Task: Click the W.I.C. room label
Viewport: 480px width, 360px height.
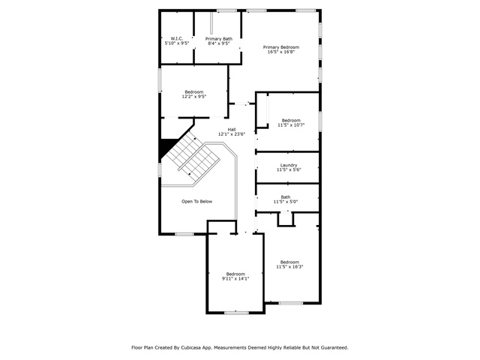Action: [x=177, y=38]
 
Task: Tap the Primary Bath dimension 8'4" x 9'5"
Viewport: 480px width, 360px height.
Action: [x=219, y=43]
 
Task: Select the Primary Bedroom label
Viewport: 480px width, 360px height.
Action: [x=281, y=47]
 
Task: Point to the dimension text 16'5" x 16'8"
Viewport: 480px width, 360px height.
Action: [x=281, y=52]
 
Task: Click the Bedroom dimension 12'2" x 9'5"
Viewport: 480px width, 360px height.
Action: [x=194, y=97]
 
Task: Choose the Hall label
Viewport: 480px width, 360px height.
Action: [x=232, y=130]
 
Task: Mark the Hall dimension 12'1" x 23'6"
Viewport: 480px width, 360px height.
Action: [x=232, y=134]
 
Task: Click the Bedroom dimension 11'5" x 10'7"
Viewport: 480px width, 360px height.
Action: [x=291, y=125]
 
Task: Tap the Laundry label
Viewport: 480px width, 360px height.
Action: [x=289, y=165]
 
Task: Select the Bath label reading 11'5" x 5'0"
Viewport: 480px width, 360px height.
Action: [x=286, y=199]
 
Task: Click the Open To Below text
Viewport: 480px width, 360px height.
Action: [x=196, y=202]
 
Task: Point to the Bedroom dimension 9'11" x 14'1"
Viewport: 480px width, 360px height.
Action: [x=235, y=279]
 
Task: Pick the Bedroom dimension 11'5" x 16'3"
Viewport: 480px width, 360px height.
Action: [x=289, y=267]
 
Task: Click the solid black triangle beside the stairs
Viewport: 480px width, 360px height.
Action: [x=166, y=146]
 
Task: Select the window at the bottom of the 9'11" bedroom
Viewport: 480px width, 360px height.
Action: [x=236, y=313]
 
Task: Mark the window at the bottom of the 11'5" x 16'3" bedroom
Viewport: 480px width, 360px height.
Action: [x=291, y=303]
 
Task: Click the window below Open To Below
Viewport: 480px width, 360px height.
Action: [x=184, y=235]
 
